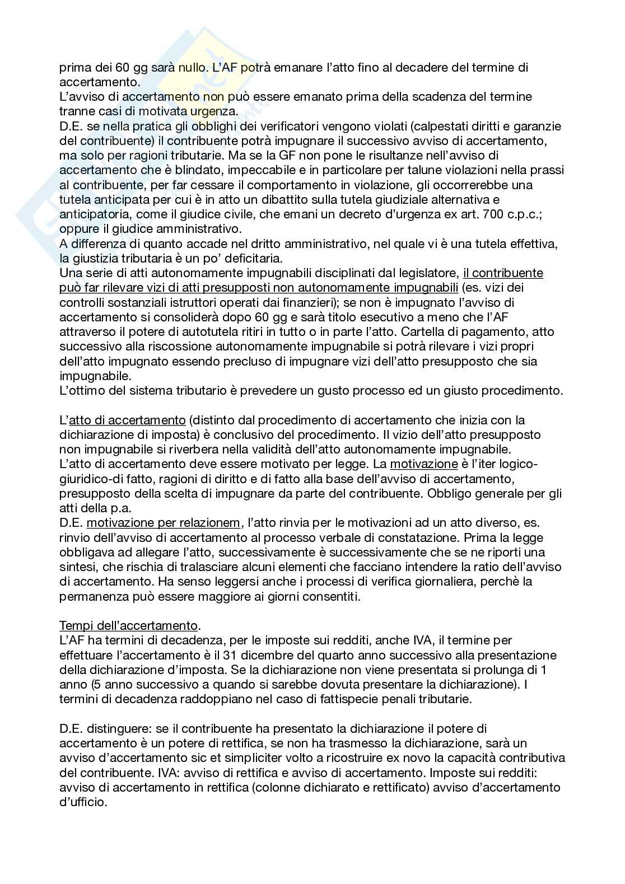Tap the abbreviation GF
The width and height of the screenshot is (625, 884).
pos(288,156)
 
